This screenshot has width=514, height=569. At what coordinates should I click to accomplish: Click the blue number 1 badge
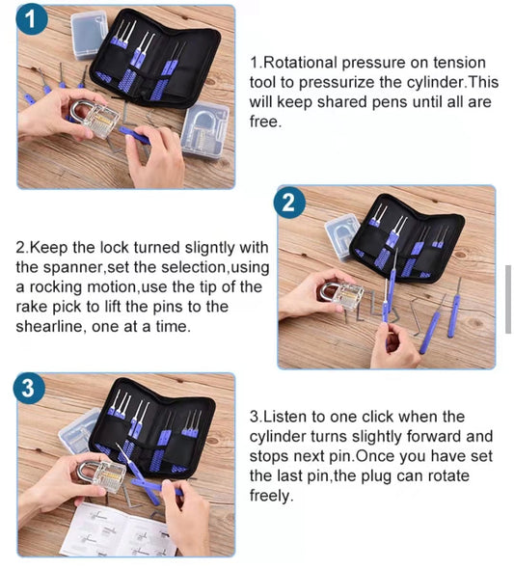tap(32, 19)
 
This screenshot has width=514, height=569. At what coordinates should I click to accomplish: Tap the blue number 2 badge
tap(289, 203)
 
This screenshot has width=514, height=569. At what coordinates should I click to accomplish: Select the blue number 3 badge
tap(29, 388)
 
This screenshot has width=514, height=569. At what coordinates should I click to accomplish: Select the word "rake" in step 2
tap(31, 307)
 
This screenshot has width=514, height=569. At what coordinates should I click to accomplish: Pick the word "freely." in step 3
tap(271, 496)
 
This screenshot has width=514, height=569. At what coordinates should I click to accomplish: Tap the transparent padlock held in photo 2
tap(342, 295)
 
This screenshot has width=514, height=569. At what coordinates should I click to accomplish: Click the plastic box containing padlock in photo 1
tap(206, 130)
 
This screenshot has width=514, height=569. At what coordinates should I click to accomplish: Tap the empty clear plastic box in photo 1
tap(89, 35)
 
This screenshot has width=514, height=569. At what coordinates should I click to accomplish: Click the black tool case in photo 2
tap(407, 237)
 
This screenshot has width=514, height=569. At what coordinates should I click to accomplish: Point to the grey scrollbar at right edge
tap(508, 299)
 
